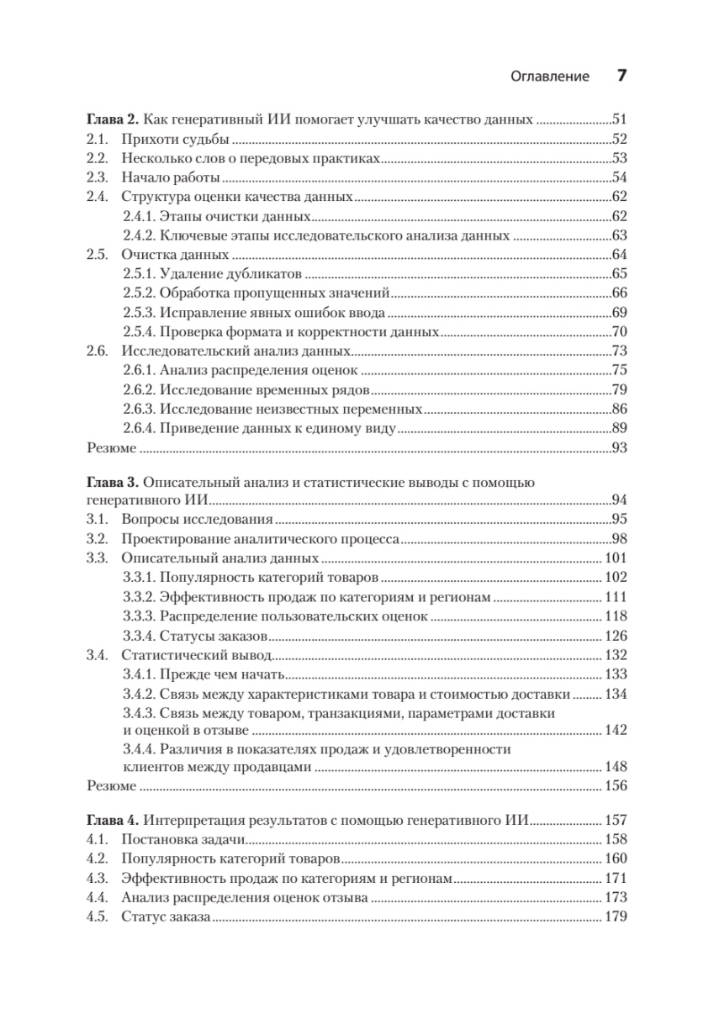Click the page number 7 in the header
(x=621, y=76)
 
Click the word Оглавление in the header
(x=550, y=77)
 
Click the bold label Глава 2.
(x=107, y=119)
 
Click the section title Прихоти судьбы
(x=176, y=139)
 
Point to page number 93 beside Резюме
(x=619, y=448)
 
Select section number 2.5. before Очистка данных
(x=98, y=255)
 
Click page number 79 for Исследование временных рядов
(x=619, y=390)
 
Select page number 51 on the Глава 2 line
(x=619, y=119)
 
